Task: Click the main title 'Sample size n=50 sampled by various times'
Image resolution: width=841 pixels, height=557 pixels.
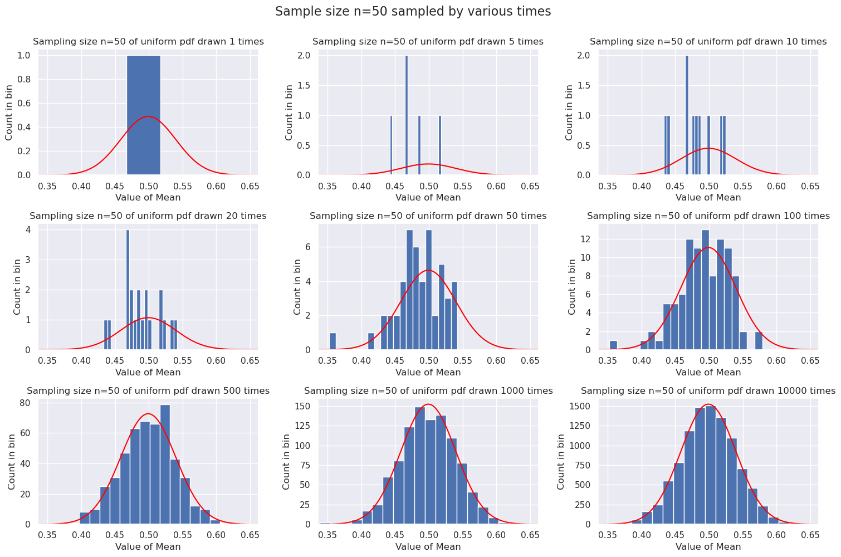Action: pos(413,12)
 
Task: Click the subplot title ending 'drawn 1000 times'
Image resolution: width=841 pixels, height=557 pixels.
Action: pos(428,391)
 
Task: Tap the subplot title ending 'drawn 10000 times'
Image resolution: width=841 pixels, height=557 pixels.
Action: pos(708,391)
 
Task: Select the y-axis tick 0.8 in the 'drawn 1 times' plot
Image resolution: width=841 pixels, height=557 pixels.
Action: pos(24,80)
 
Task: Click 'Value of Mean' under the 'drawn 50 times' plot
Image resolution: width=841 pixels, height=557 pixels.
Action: pos(428,372)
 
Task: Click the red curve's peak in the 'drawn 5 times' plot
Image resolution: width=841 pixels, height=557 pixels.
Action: pos(428,164)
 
